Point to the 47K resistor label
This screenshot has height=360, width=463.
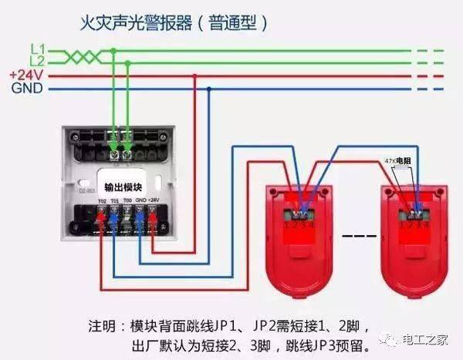coord(399,161)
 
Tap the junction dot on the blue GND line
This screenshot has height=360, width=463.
coord(209,89)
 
